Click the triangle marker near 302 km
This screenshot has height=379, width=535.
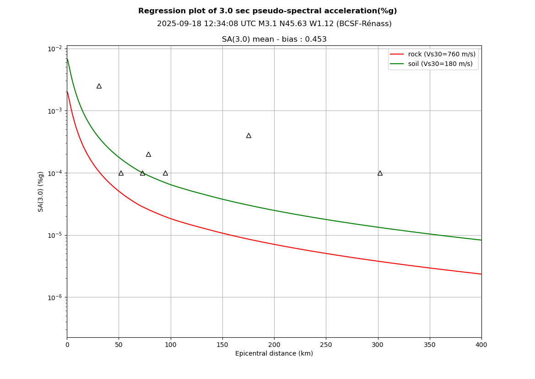tap(380, 173)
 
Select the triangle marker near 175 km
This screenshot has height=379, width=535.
tap(249, 136)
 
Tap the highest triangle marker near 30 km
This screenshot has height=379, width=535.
tap(99, 86)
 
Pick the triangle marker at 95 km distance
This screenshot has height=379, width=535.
tap(165, 173)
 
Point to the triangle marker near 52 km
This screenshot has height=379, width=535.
tap(121, 173)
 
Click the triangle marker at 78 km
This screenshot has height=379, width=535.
tap(148, 154)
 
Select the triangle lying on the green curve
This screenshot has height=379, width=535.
tap(142, 173)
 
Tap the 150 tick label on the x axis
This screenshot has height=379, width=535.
tap(222, 345)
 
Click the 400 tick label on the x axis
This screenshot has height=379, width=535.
tap(481, 345)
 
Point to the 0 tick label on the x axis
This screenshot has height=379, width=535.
tap(67, 345)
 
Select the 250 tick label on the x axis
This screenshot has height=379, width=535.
tap(326, 345)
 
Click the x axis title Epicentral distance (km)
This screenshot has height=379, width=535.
tap(274, 354)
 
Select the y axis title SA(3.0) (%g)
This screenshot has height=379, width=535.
tap(41, 192)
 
